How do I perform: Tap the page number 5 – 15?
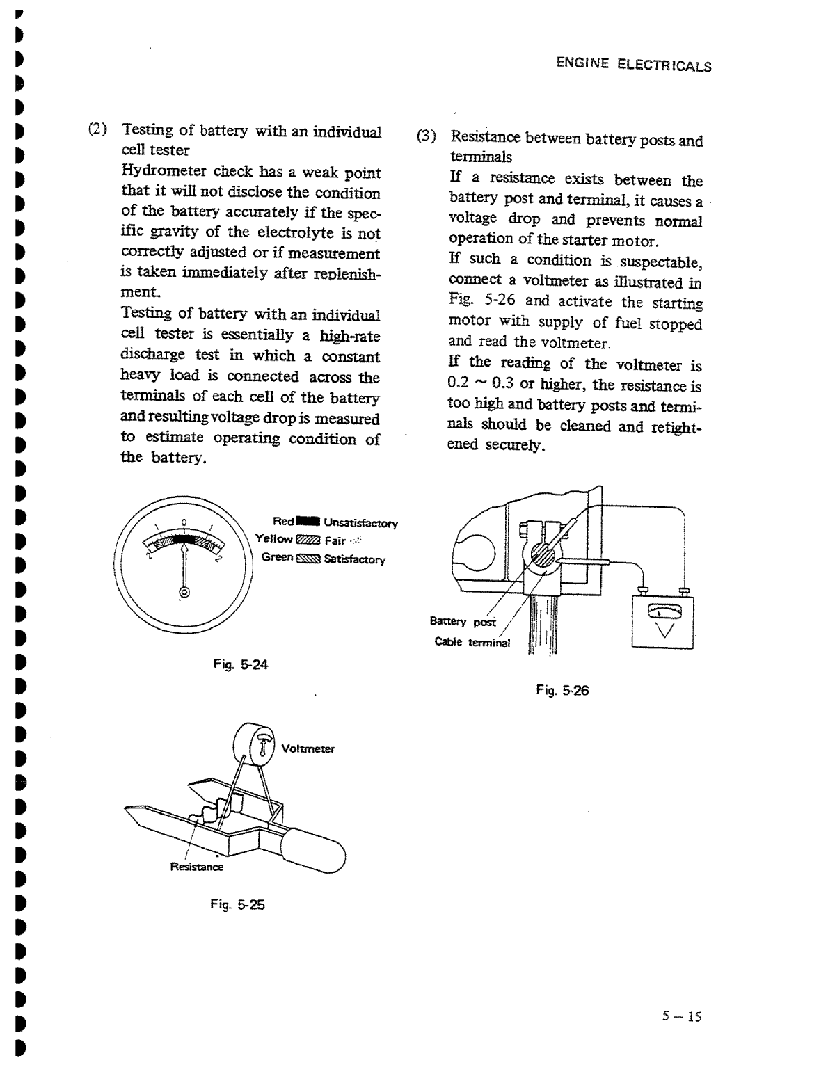[x=682, y=1017]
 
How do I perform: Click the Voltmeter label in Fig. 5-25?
[x=308, y=749]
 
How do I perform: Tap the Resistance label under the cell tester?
[x=197, y=867]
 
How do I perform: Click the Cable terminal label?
[x=472, y=642]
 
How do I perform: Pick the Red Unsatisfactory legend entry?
[x=335, y=522]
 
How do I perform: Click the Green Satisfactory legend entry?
[x=323, y=559]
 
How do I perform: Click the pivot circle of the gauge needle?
[x=184, y=592]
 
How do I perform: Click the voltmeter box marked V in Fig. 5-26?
[x=662, y=621]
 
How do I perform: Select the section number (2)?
[x=97, y=129]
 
